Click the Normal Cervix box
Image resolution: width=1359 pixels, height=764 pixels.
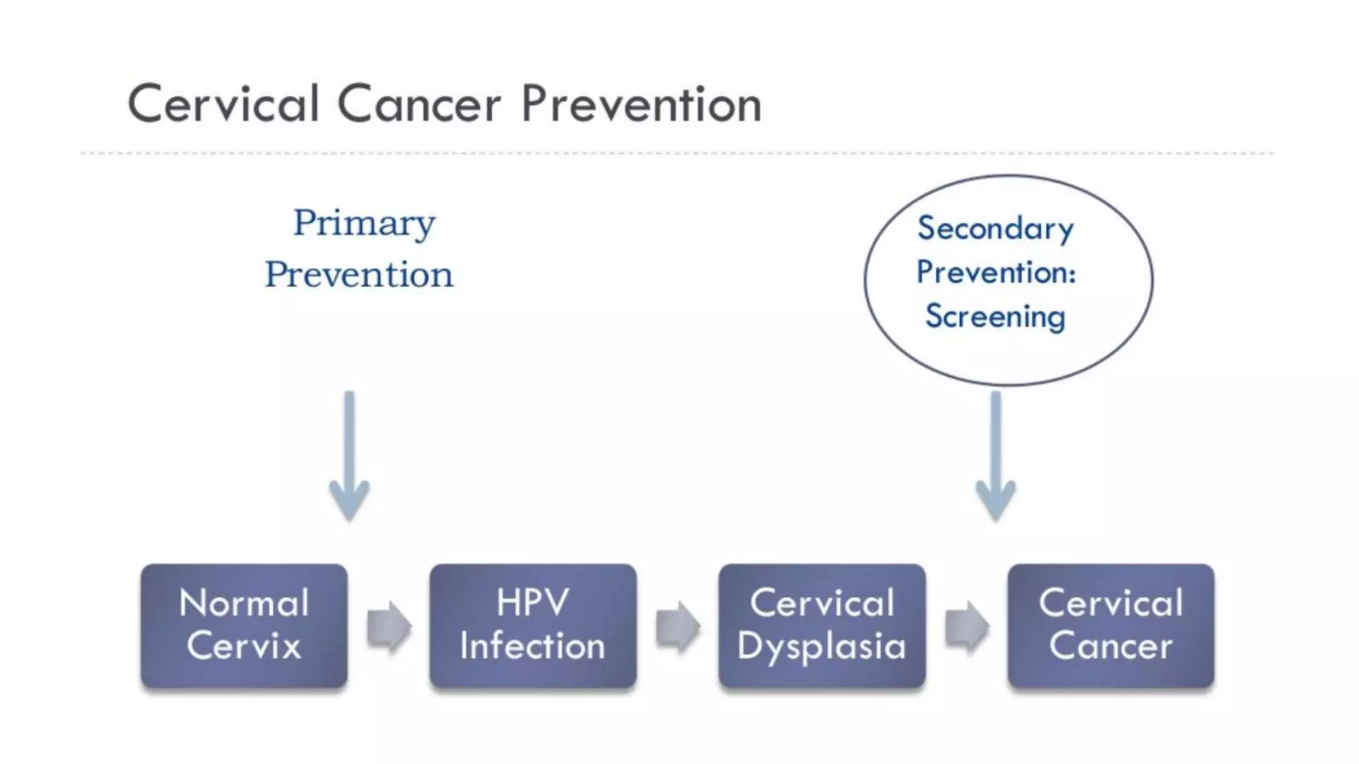click(x=244, y=625)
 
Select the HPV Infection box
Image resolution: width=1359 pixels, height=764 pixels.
click(x=532, y=625)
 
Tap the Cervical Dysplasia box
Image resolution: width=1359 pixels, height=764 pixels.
click(x=822, y=625)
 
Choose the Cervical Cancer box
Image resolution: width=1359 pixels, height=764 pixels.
click(x=1111, y=625)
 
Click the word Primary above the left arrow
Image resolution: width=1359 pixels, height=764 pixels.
click(x=364, y=223)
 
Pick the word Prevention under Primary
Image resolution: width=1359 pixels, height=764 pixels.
click(x=359, y=275)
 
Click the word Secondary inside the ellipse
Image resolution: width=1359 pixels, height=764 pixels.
click(x=995, y=229)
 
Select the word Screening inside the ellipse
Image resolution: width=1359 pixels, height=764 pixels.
click(x=995, y=316)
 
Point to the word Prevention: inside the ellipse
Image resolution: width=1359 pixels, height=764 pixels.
click(x=995, y=273)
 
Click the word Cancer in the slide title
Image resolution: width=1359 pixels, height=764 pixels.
click(x=419, y=104)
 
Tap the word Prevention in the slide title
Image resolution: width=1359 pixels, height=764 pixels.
click(x=641, y=104)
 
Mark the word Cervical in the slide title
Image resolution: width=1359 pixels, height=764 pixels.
click(x=224, y=104)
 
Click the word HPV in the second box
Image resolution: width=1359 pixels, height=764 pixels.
click(x=532, y=603)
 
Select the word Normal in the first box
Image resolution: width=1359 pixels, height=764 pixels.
click(x=244, y=603)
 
